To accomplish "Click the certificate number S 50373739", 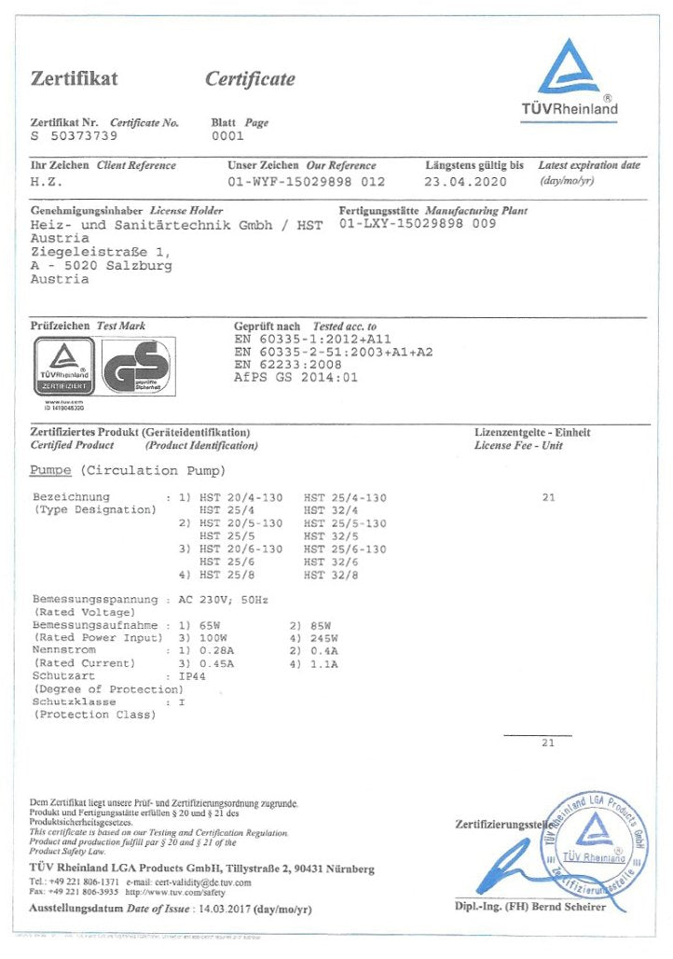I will (x=75, y=136).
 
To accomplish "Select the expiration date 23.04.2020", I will (x=465, y=182).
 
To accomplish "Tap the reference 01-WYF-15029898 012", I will (x=306, y=182).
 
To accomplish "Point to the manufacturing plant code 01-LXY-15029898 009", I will (x=418, y=224).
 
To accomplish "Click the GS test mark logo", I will (x=136, y=368).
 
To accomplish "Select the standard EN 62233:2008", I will (x=288, y=365).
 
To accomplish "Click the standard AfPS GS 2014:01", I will (x=295, y=378).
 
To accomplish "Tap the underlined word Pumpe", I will (x=50, y=470).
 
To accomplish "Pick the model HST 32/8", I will (x=332, y=576).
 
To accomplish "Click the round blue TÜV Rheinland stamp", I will (x=593, y=839).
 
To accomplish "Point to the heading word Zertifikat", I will (x=75, y=78).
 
